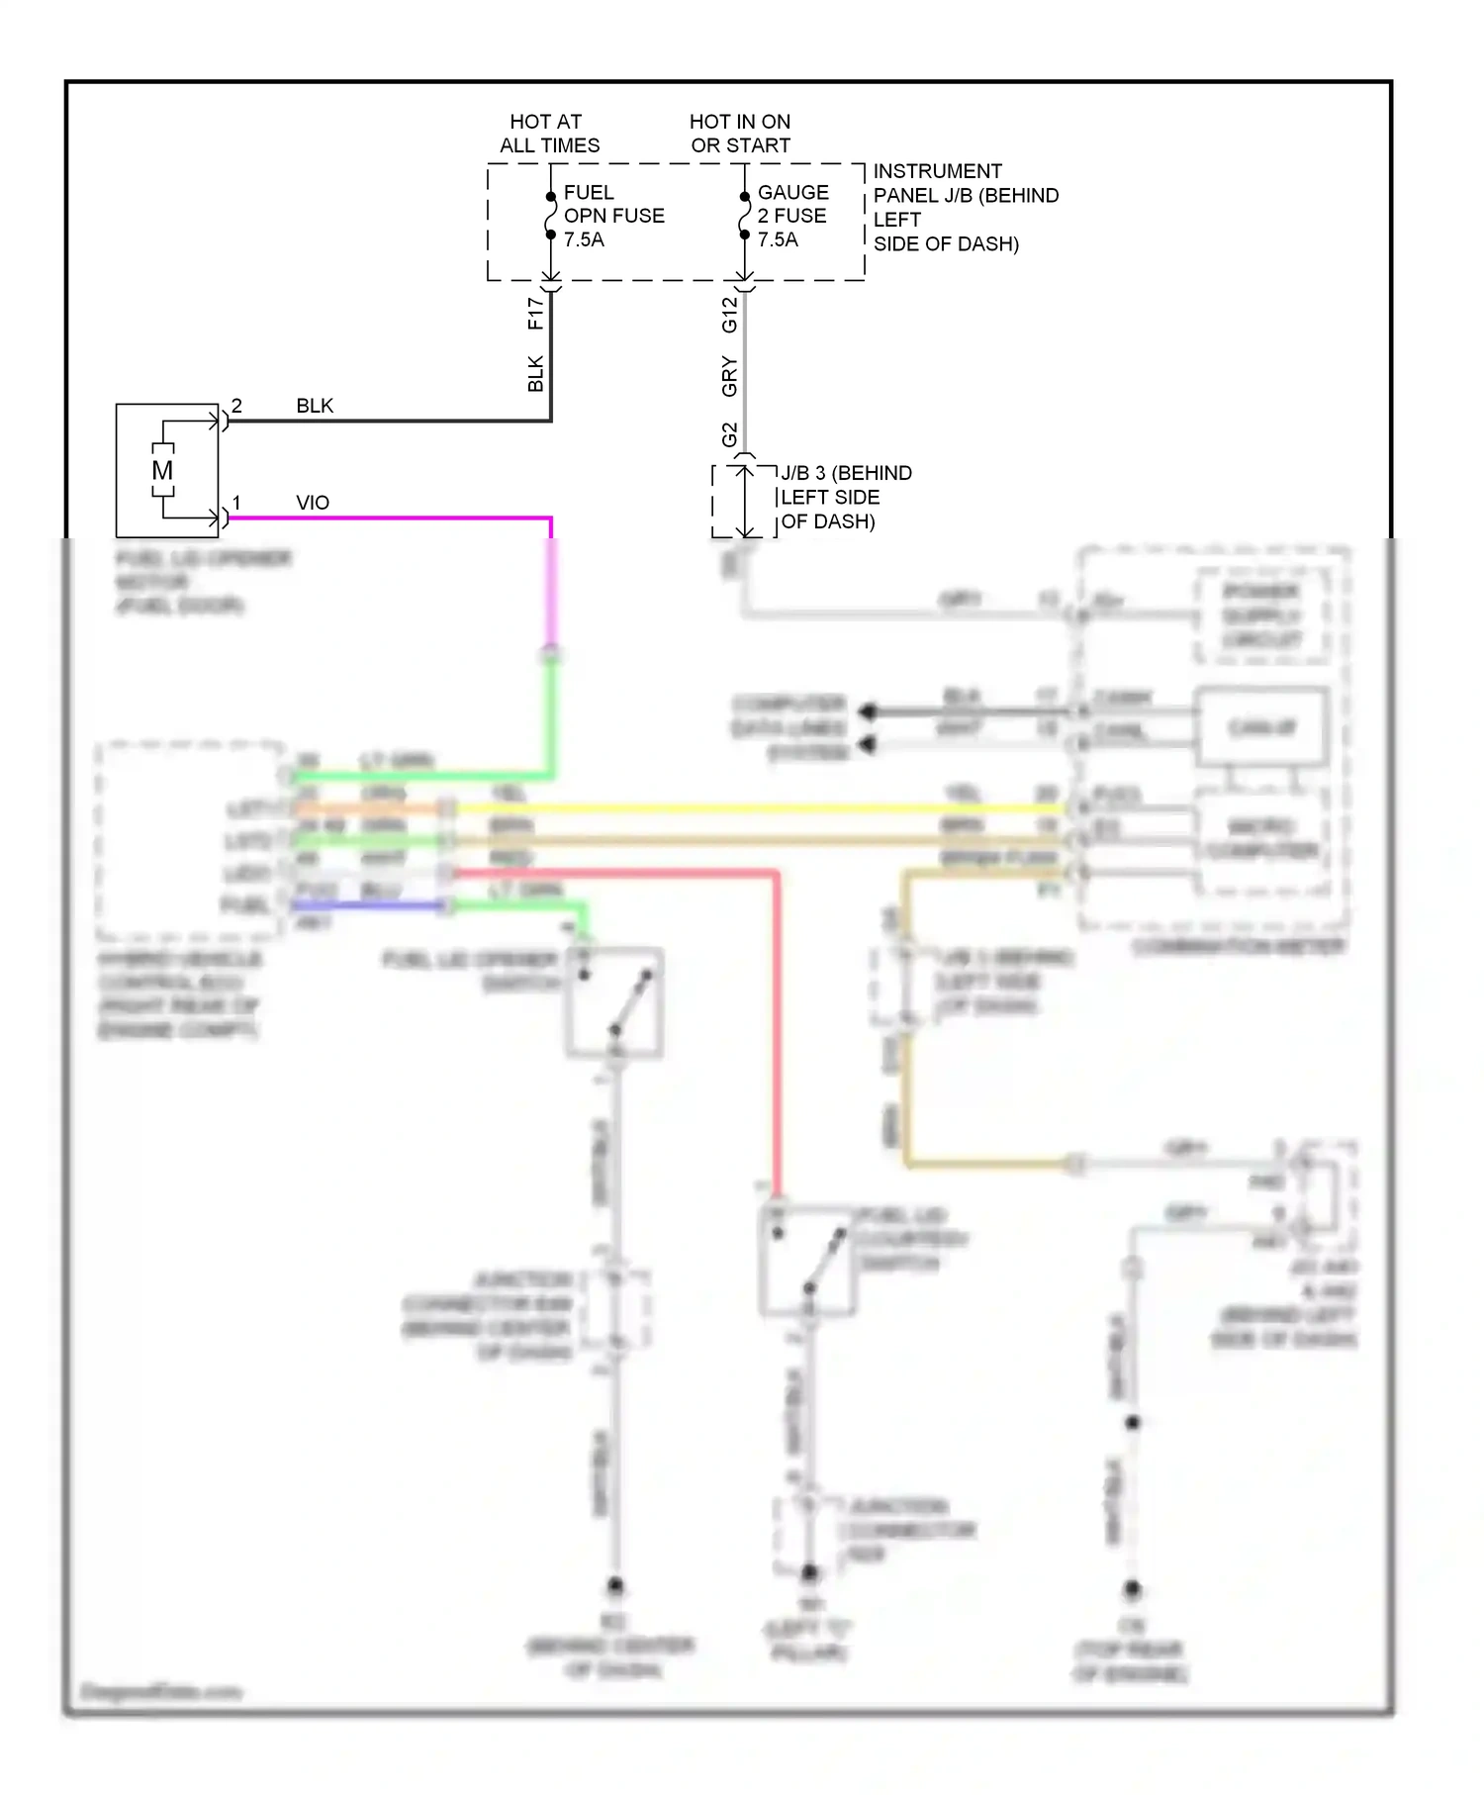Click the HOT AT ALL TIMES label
click(549, 134)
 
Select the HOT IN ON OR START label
click(740, 134)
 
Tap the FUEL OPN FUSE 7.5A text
click(613, 216)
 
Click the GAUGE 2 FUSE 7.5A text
click(792, 216)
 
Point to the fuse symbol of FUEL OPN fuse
click(551, 216)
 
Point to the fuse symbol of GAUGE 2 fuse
click(744, 216)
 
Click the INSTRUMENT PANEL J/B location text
click(965, 208)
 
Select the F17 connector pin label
click(535, 314)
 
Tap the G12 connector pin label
click(729, 315)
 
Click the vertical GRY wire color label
click(729, 377)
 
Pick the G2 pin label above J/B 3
click(729, 434)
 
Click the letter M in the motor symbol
click(162, 471)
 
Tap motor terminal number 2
click(236, 407)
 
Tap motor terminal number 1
click(236, 503)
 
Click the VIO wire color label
click(313, 503)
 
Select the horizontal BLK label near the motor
click(315, 407)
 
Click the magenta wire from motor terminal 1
click(396, 518)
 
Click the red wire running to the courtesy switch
click(777, 1029)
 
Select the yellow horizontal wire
click(752, 808)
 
